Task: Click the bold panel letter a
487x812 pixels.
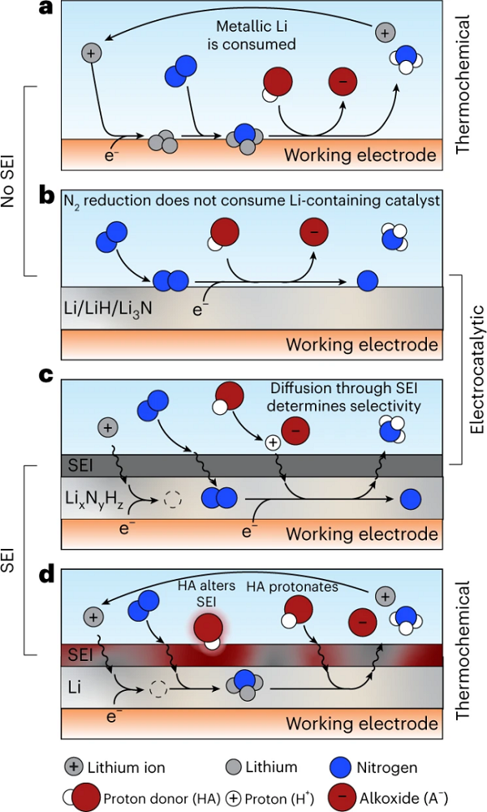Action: (48, 10)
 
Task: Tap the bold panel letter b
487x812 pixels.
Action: (49, 196)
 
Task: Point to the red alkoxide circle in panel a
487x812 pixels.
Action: (343, 84)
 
